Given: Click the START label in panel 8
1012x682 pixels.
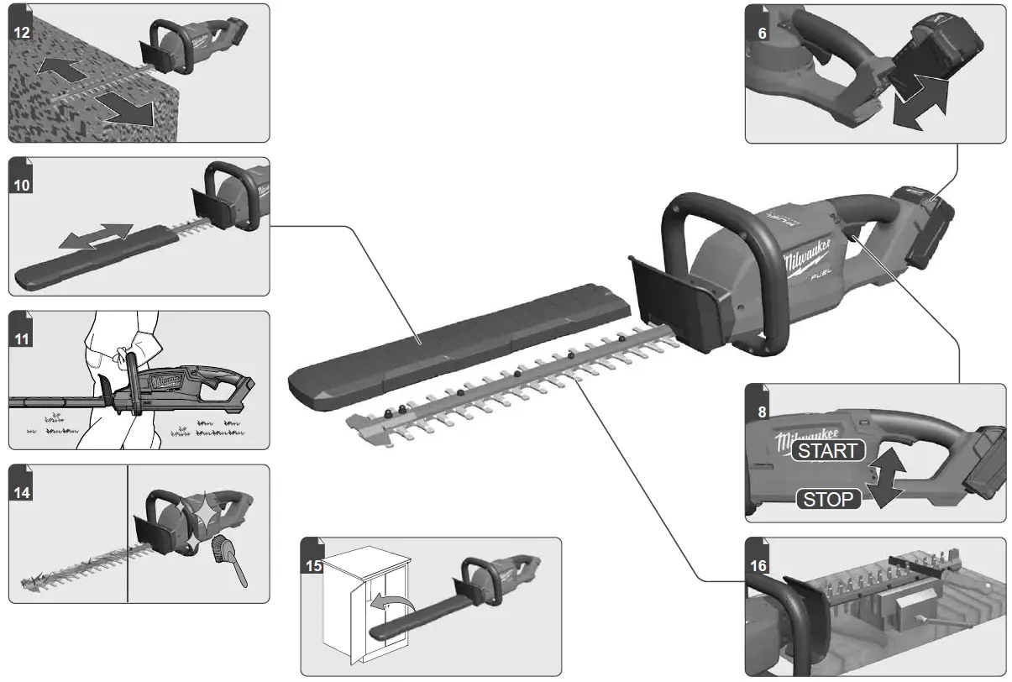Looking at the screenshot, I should [x=828, y=451].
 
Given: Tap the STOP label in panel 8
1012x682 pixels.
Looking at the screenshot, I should [x=828, y=499].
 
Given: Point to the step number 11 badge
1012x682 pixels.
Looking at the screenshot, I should [x=22, y=337].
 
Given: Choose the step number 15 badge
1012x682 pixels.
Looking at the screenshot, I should [x=313, y=564].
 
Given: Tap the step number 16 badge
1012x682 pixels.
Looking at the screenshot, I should [x=758, y=564].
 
